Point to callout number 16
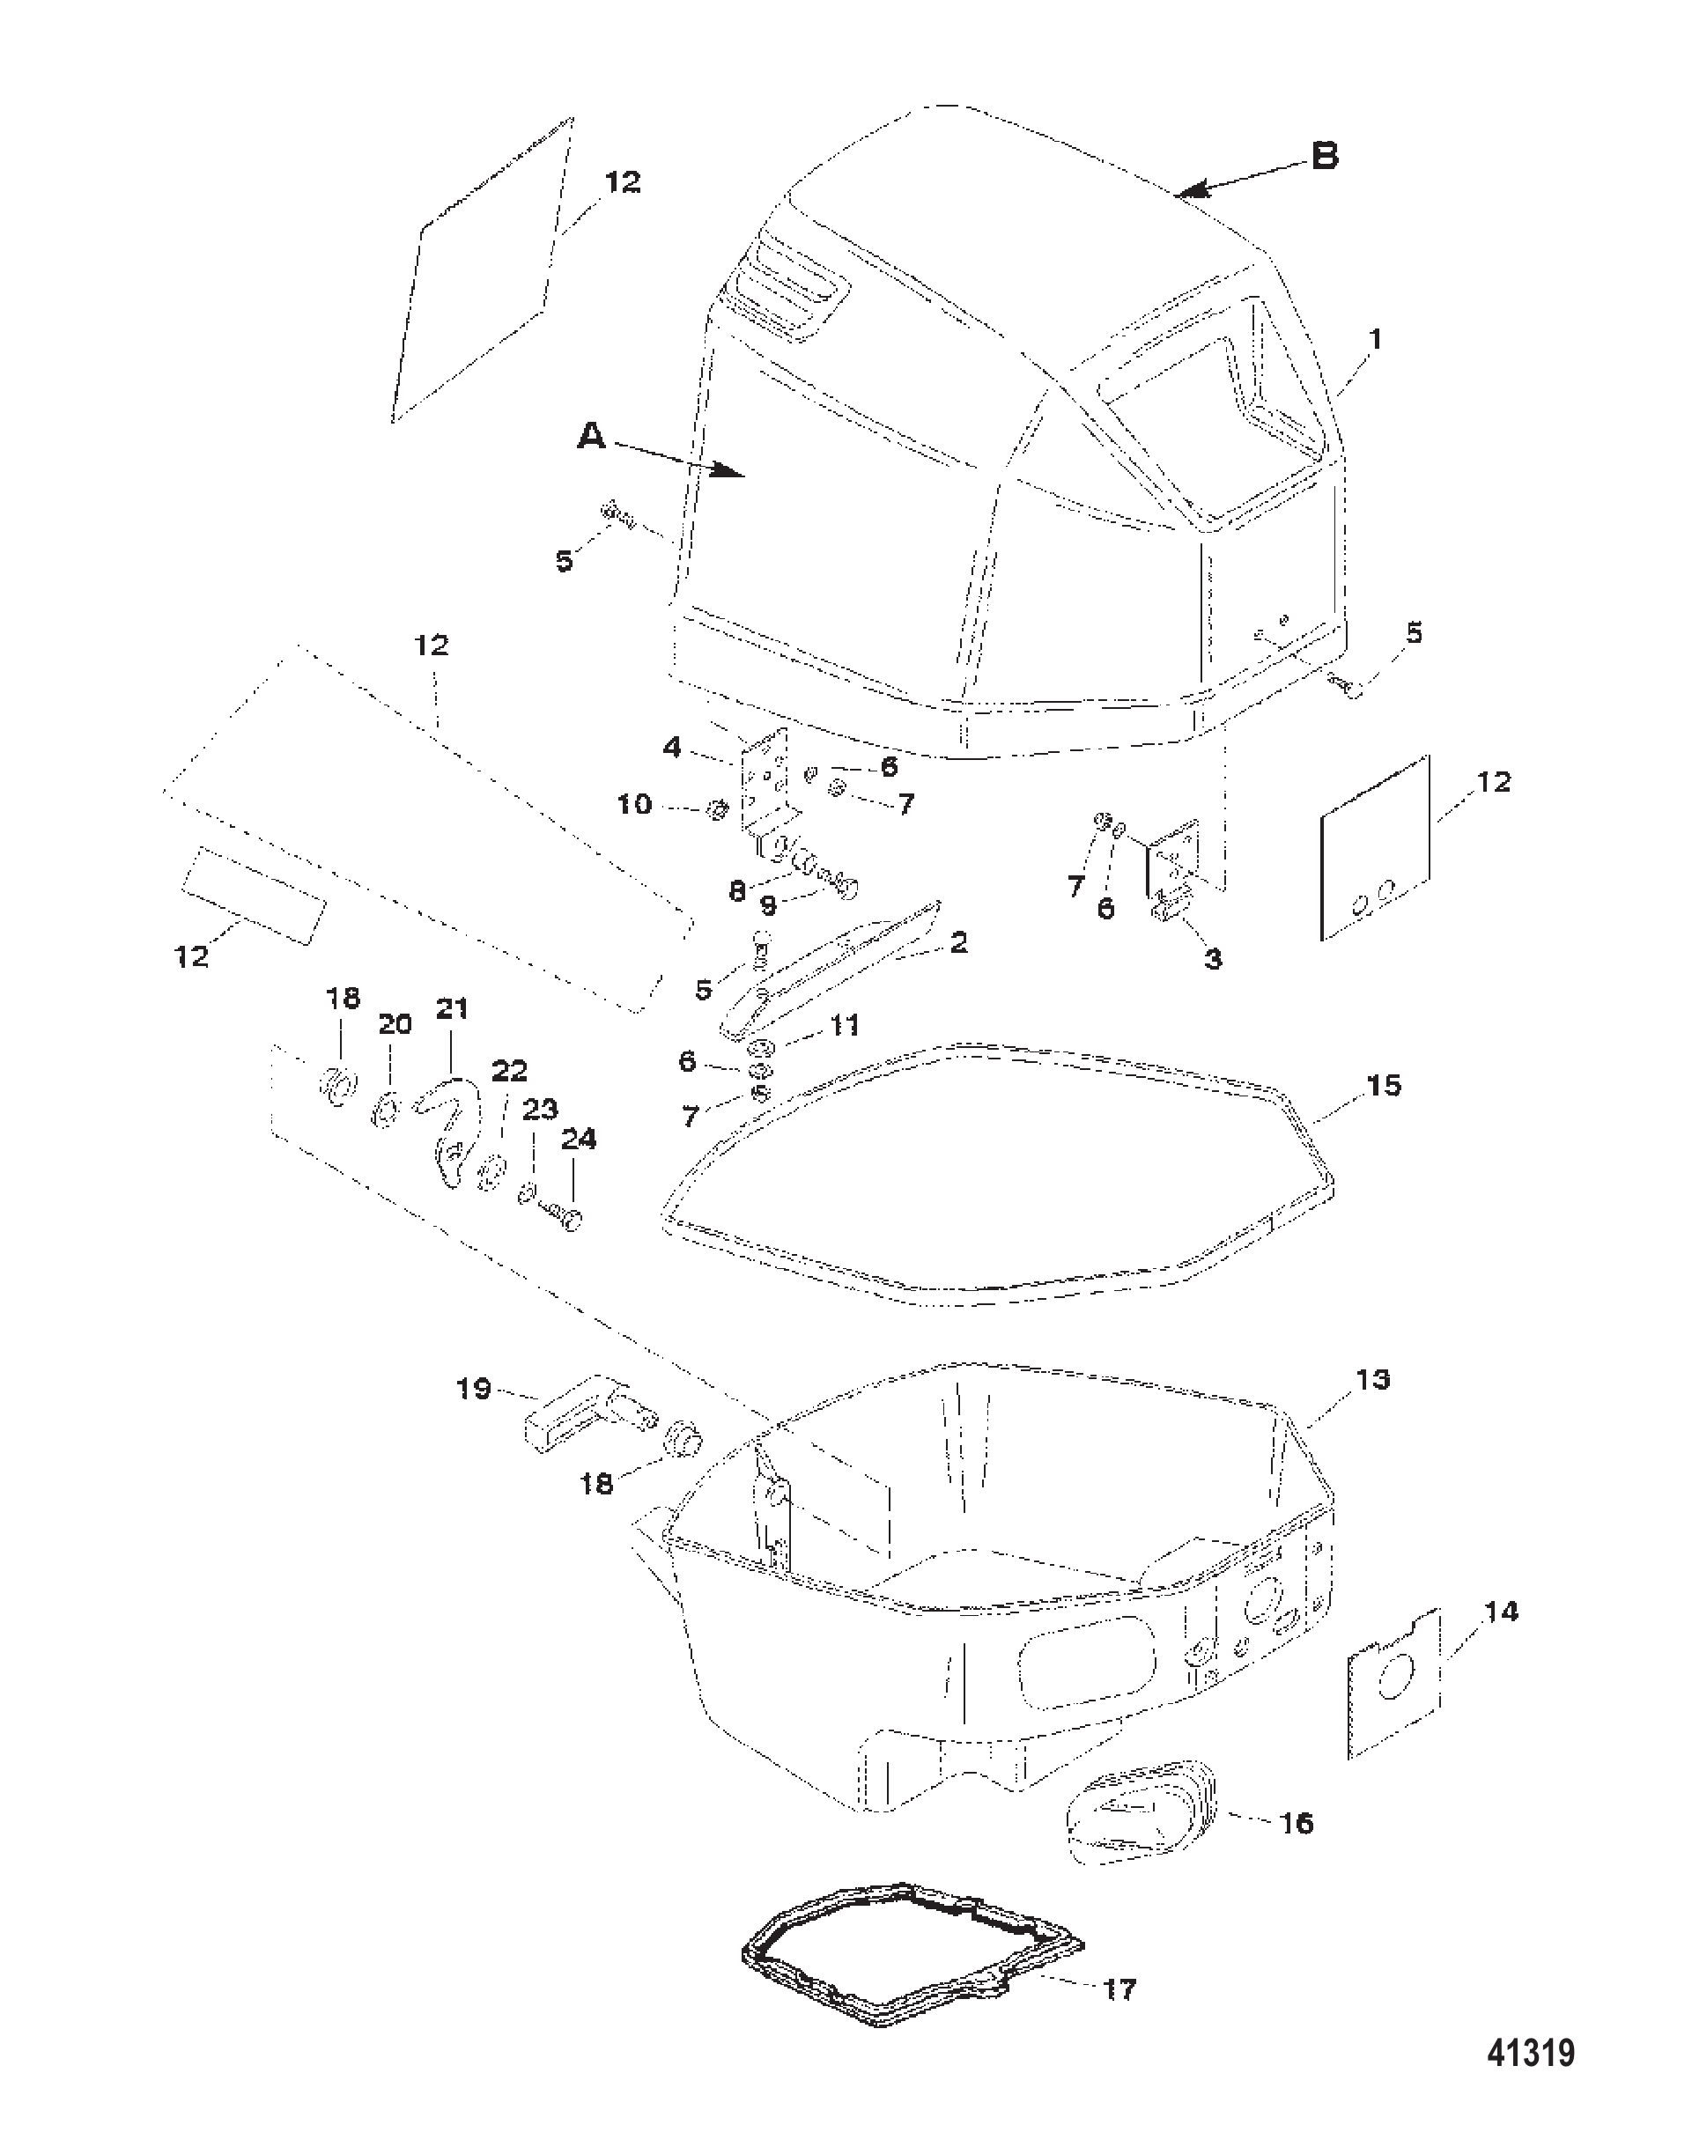point(1297,1823)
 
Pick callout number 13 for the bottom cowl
point(1373,1379)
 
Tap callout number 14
point(1501,1612)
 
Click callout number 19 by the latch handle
point(475,1390)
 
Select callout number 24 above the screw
point(579,1140)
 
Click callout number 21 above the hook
point(452,1009)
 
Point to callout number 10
point(635,804)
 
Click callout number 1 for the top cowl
point(1375,340)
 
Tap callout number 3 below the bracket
point(1213,959)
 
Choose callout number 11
point(844,1024)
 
